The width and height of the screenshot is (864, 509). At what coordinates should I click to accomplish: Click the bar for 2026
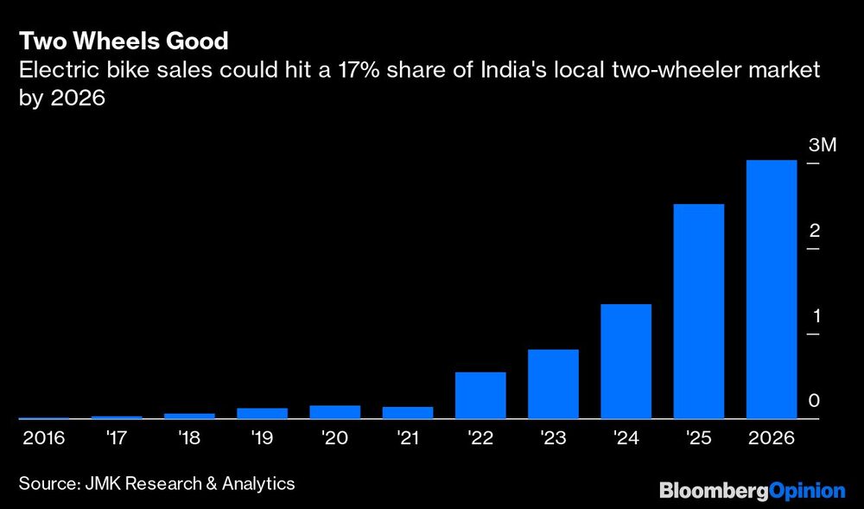pos(771,289)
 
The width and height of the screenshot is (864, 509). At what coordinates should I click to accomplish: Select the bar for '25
pos(698,311)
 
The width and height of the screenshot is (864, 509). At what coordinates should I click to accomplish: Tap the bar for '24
pos(626,361)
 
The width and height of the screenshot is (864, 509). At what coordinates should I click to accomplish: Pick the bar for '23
pos(553,384)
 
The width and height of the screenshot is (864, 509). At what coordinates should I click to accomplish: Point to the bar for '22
pos(480,395)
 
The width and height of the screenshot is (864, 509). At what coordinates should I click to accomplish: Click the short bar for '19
pos(262,413)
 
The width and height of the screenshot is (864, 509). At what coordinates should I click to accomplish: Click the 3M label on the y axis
pos(823,145)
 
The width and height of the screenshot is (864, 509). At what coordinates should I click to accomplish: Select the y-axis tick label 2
pos(814,231)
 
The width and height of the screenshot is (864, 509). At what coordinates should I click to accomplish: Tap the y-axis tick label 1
pos(814,315)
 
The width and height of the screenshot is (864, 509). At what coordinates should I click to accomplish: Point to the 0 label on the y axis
pos(814,401)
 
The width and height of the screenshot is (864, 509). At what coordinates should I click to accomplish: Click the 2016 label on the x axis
pos(44,439)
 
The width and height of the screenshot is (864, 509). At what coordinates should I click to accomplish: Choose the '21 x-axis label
pos(407,439)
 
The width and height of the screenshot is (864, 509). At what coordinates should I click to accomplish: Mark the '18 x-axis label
pos(189,439)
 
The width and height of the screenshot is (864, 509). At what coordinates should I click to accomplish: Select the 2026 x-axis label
pos(771,439)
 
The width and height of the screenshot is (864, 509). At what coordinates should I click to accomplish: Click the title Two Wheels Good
pos(124,41)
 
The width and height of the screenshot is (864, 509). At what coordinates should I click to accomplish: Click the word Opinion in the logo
pos(806,491)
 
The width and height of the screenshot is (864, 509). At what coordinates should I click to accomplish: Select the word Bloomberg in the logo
pos(714,491)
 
